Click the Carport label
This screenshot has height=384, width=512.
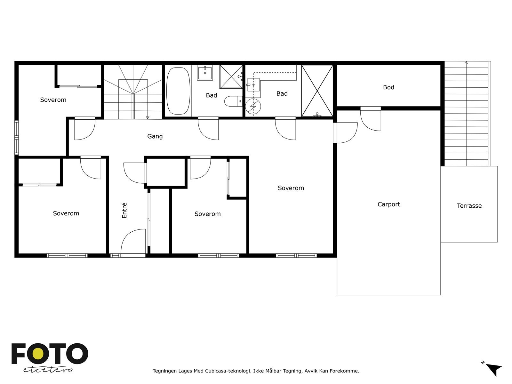tap(388, 204)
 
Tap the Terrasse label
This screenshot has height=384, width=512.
tap(469, 206)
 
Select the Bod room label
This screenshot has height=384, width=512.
tap(388, 87)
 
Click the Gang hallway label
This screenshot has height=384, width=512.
tap(155, 136)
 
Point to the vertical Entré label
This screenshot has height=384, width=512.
tap(124, 211)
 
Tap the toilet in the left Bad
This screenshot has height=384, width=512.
tap(233, 102)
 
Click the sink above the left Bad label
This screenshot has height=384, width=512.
tap(205, 73)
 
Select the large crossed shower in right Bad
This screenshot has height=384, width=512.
tap(317, 91)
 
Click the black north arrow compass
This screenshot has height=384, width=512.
tap(494, 369)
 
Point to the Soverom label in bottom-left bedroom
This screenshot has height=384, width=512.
tap(66, 213)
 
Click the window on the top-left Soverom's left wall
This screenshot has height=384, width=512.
tap(16, 138)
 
